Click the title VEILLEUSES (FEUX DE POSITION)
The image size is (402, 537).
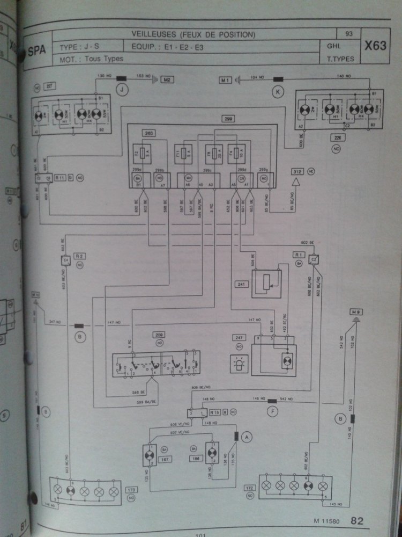click(193, 34)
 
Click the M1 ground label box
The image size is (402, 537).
click(225, 81)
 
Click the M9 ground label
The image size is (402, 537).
click(355, 311)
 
